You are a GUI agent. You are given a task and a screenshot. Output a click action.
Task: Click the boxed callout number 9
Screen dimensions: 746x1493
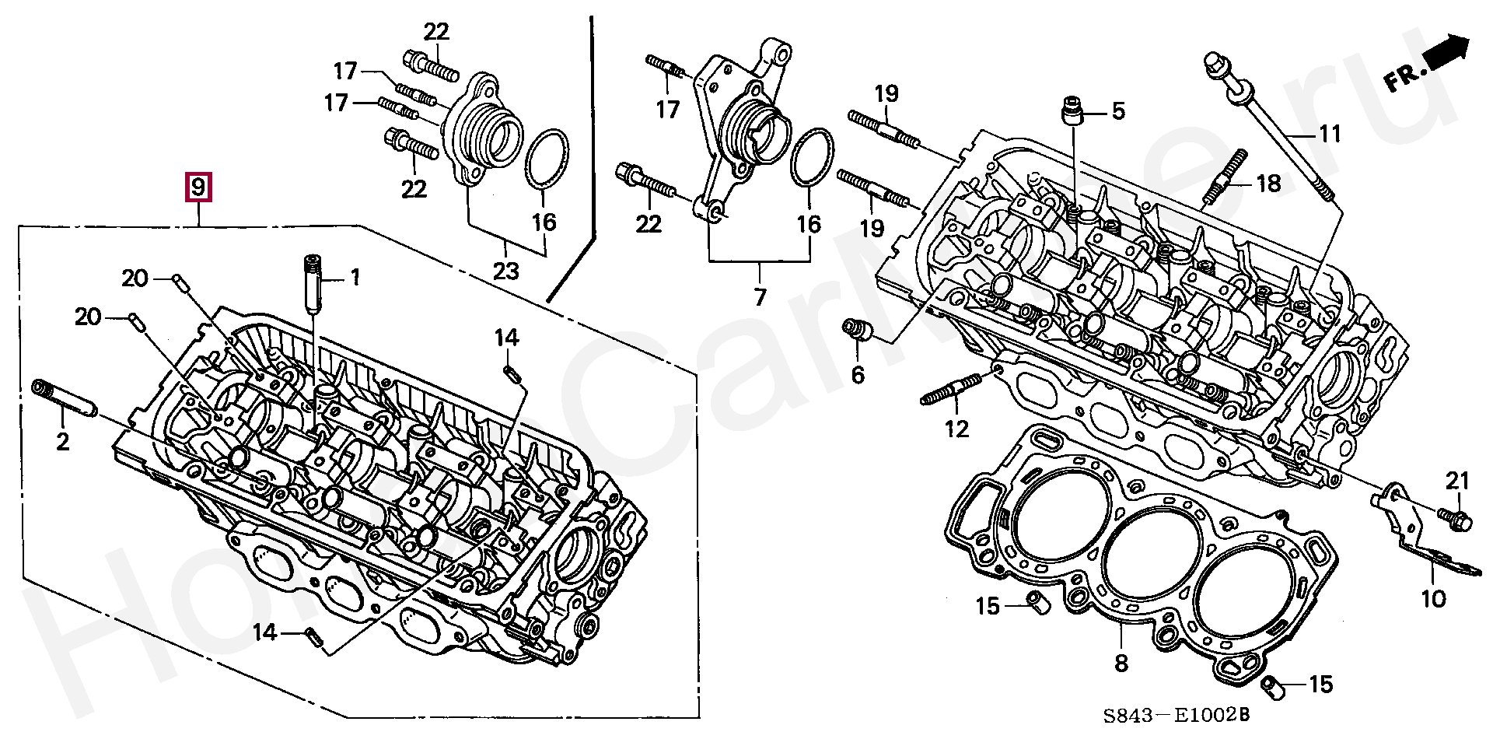click(x=198, y=187)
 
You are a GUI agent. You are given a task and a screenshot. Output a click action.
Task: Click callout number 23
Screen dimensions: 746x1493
click(x=505, y=271)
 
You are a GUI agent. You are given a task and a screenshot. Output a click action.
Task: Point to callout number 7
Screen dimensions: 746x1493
click(x=759, y=296)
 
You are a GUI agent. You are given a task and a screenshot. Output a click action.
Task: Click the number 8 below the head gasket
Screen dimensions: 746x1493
click(x=1121, y=663)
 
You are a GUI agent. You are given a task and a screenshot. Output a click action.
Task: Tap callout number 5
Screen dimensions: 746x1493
click(x=1117, y=111)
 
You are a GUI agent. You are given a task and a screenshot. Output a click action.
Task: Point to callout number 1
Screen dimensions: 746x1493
click(x=355, y=277)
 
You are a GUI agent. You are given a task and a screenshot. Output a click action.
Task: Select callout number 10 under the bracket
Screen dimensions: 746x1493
click(x=1432, y=598)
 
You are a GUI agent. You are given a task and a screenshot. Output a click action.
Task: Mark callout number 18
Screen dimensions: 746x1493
click(x=1268, y=184)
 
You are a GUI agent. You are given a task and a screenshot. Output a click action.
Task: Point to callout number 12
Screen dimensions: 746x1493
click(x=957, y=428)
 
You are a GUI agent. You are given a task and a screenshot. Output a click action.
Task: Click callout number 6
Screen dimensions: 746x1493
click(x=857, y=375)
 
